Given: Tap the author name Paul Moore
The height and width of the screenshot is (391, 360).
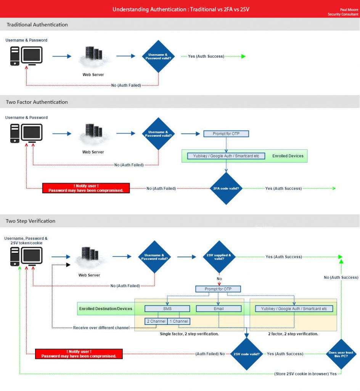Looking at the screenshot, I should click(x=349, y=10).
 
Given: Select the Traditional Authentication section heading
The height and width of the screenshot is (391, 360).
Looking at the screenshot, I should click(x=37, y=24).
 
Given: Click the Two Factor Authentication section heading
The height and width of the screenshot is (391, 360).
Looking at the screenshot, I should click(x=37, y=102).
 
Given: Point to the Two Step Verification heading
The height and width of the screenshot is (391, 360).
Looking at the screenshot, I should click(x=31, y=221).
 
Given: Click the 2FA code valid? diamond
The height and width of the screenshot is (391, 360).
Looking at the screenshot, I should click(x=227, y=188).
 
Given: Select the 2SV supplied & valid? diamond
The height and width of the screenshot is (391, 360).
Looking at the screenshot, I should click(x=219, y=257).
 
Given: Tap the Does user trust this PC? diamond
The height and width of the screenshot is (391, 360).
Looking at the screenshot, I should click(x=341, y=354).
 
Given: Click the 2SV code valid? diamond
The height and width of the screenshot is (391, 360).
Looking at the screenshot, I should click(x=247, y=354).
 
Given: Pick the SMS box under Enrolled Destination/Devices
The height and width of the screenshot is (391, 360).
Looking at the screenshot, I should click(x=167, y=309).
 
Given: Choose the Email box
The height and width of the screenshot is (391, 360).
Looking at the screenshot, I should click(x=219, y=309).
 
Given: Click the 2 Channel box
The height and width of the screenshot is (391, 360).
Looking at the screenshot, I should click(x=156, y=321).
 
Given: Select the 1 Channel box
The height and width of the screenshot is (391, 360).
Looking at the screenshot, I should click(x=178, y=321).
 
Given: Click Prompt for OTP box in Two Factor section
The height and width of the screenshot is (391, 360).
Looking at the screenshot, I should click(x=226, y=134).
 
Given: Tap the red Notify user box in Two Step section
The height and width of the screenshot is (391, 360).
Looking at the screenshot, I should click(x=79, y=354).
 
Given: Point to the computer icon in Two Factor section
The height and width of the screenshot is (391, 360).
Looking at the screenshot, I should click(x=26, y=133).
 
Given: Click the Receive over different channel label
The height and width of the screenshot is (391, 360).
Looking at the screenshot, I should click(x=101, y=328).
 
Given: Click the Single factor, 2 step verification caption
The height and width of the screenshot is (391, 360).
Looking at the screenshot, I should click(x=189, y=334).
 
